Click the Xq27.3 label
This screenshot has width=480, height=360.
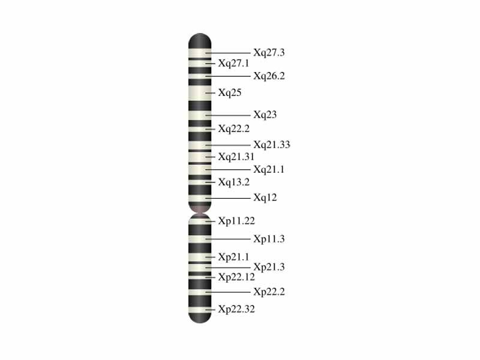coord(269,53)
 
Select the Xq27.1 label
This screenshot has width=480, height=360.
coord(233,63)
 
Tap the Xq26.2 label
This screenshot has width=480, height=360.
coord(269,76)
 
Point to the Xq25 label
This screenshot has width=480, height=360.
coord(230,93)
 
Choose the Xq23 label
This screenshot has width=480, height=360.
coord(265,115)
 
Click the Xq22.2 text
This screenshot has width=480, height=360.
coord(233,128)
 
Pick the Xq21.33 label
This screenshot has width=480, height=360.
coord(271,145)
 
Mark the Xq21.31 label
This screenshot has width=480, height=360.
coord(236,157)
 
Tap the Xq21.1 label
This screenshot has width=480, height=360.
coord(269,170)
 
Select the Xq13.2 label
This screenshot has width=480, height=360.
coord(233,182)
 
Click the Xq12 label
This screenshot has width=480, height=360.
coord(265,197)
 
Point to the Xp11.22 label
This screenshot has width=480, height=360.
coord(236,221)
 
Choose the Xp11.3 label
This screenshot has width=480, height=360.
coord(269,239)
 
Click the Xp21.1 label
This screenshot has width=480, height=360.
coord(233,257)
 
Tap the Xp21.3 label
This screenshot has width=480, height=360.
coord(269,267)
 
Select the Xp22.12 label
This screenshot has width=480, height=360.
coord(236,277)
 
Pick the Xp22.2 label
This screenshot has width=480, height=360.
coord(269,292)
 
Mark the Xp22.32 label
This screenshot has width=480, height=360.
coord(236,310)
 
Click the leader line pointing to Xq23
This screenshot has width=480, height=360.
coord(228,115)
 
